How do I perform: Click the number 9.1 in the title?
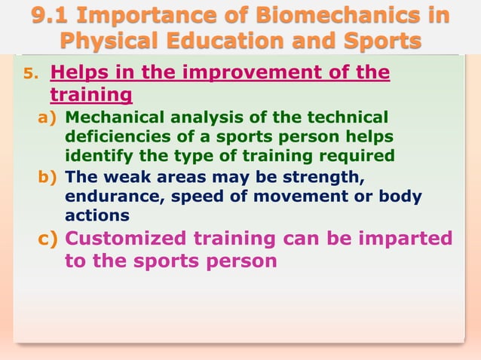pos(51,15)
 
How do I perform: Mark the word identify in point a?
pos(94,156)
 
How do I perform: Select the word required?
pos(354,156)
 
